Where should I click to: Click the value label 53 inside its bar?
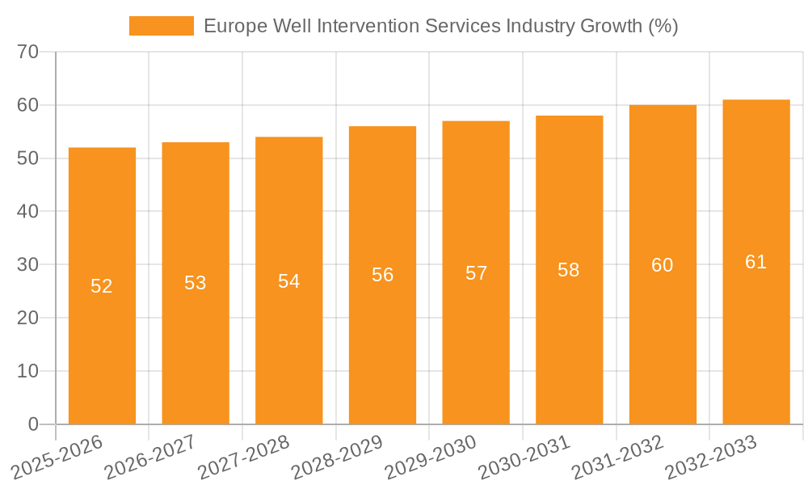click(196, 283)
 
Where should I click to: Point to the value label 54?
click(288, 281)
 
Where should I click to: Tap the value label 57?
click(476, 273)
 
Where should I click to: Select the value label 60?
click(663, 265)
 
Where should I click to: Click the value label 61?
click(756, 262)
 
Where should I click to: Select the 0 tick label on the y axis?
click(33, 424)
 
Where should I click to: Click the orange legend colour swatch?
click(162, 26)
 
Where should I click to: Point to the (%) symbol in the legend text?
click(663, 26)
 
